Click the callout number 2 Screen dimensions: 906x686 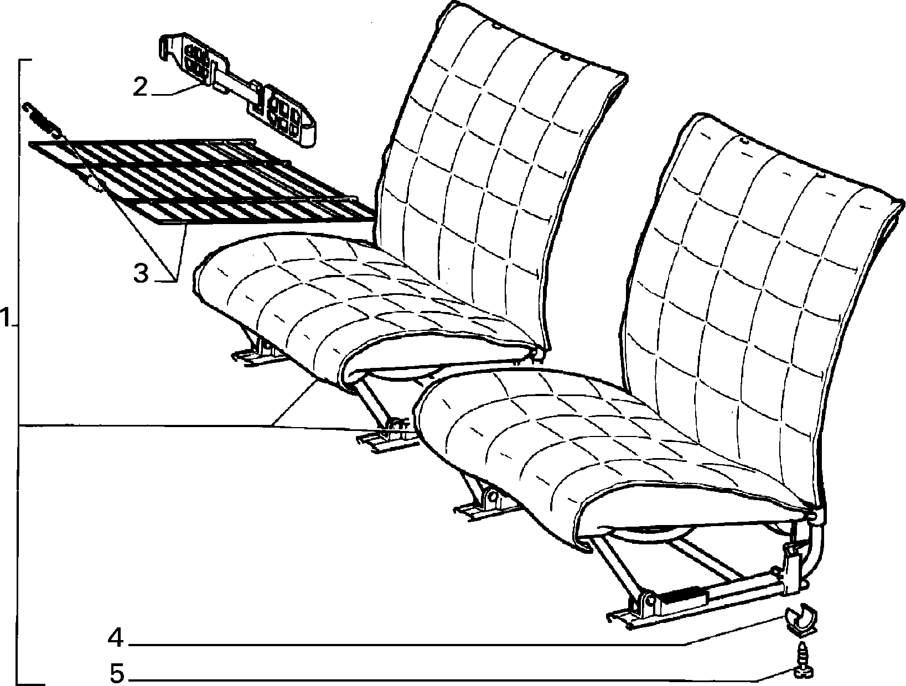point(141,87)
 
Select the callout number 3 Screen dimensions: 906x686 point(141,273)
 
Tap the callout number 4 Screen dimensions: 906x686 point(116,638)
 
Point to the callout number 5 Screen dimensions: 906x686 point(117,673)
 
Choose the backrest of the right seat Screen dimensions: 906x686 point(751,314)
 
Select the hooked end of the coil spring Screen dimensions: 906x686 point(27,108)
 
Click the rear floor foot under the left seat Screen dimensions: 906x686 point(255,355)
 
